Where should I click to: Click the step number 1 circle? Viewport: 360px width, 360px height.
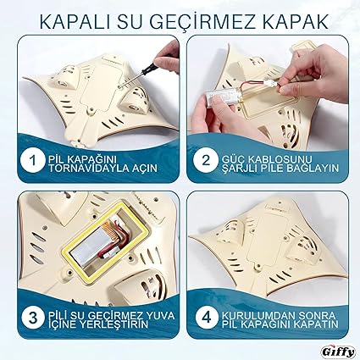[x=32, y=161]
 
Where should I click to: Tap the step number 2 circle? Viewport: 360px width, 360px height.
[x=206, y=160]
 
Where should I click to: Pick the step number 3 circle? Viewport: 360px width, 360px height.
[x=33, y=318]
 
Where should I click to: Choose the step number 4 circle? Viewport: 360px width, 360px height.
[x=207, y=318]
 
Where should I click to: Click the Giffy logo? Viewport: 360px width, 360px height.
[x=338, y=352]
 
